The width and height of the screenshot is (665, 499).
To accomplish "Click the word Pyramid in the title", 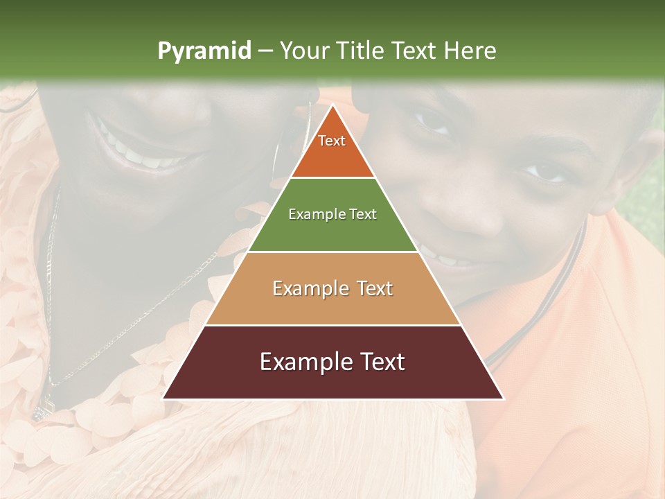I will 204,51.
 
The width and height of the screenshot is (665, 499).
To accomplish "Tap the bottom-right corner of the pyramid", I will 503,399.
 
